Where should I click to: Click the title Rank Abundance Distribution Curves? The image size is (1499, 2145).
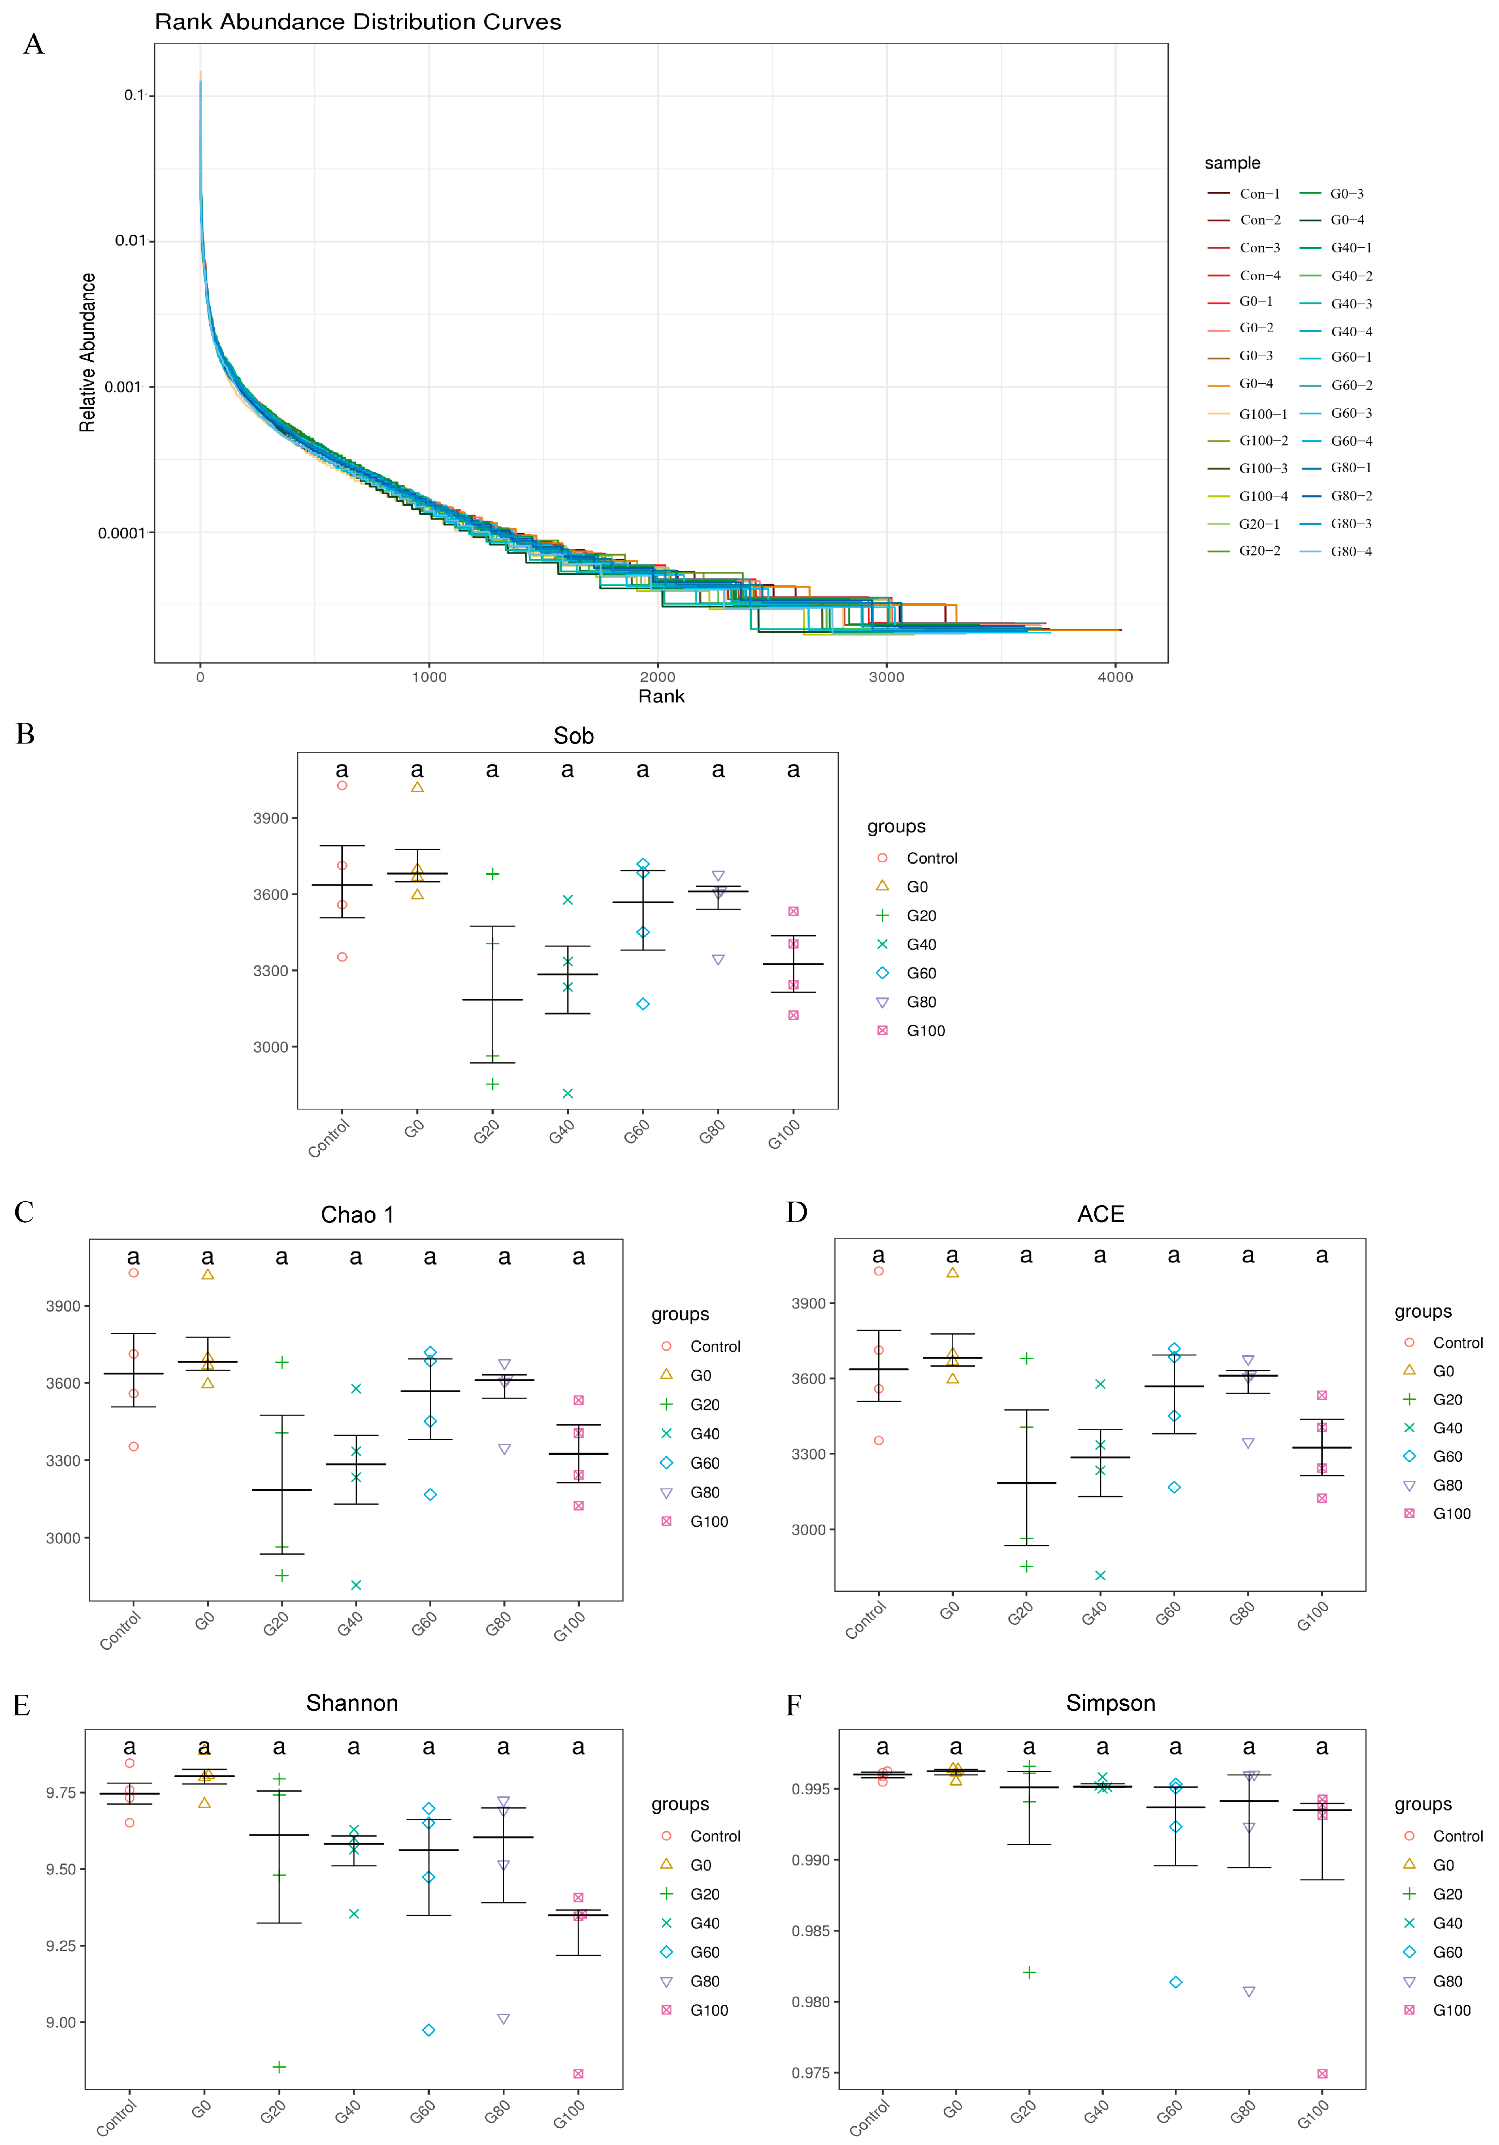tap(358, 22)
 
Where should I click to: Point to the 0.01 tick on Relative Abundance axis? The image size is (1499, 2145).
tap(131, 241)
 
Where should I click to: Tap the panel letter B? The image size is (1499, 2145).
tap(25, 734)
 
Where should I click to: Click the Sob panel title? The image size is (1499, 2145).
tap(574, 736)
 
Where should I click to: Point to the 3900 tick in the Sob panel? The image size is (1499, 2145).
tap(271, 818)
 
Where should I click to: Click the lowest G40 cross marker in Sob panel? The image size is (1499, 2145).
tap(568, 1093)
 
